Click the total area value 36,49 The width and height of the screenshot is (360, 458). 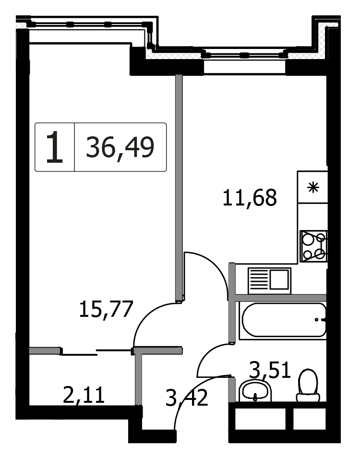(x=120, y=147)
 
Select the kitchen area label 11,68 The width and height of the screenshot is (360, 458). (x=250, y=198)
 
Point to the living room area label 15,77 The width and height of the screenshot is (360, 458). (x=106, y=309)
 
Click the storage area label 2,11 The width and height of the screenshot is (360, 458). (x=84, y=395)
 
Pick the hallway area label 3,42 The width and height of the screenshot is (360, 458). (x=187, y=398)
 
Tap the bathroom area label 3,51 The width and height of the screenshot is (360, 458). (x=270, y=370)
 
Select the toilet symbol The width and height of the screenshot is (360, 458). (x=308, y=386)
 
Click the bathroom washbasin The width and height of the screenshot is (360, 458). (x=255, y=391)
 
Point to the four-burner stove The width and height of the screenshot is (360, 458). (x=314, y=246)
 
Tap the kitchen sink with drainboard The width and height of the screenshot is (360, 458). (x=269, y=281)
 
